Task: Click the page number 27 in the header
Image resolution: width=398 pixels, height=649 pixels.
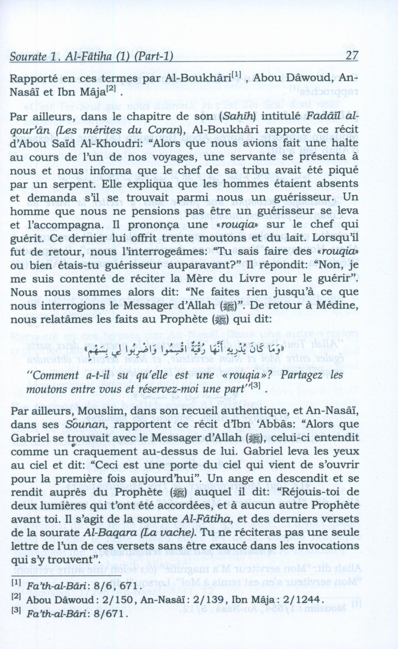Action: [352, 55]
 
